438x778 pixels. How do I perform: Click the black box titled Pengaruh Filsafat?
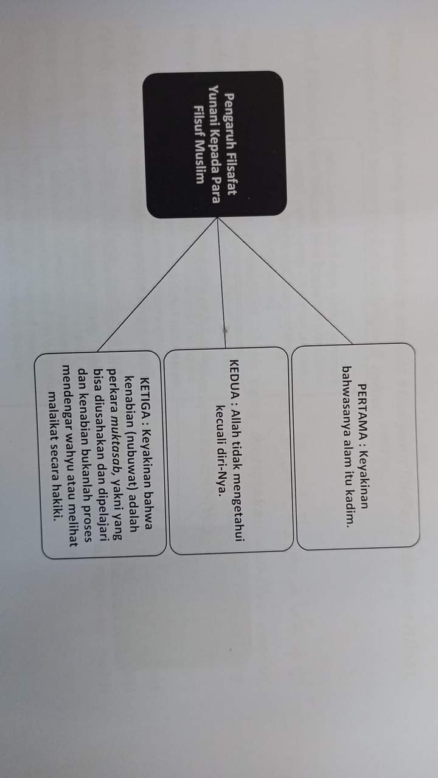tap(214, 144)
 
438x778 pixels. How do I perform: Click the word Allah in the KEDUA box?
tap(234, 415)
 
